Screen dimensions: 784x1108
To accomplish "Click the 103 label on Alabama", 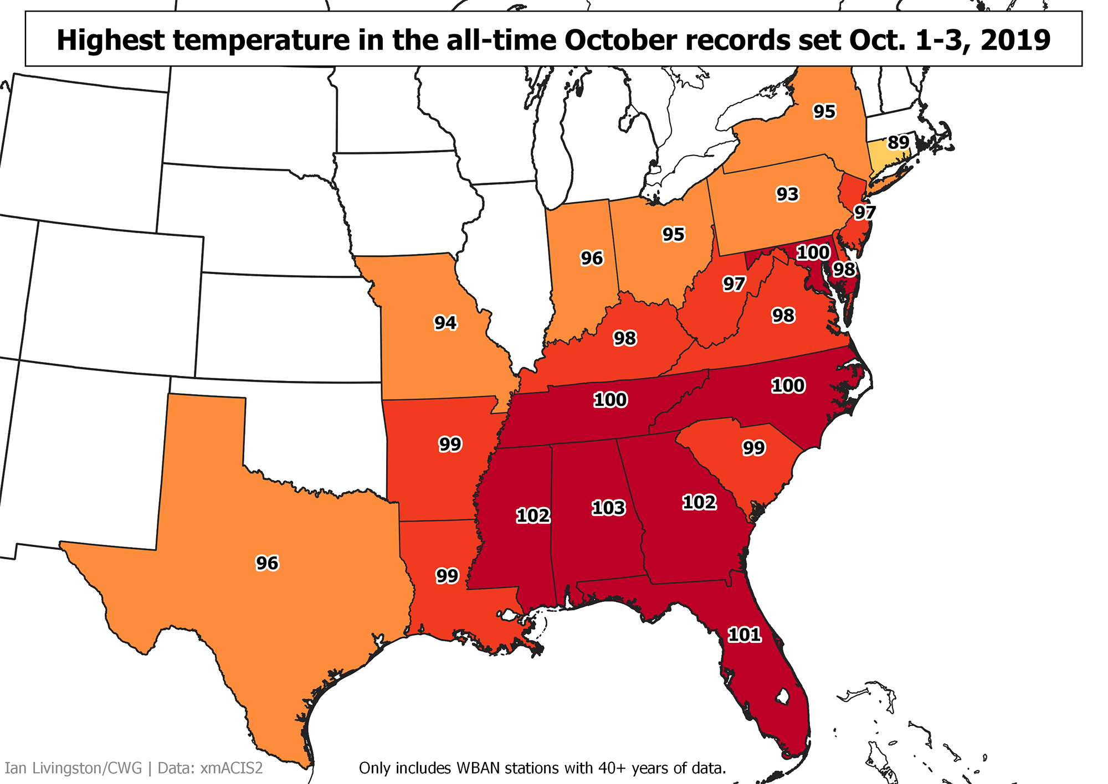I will coord(608,508).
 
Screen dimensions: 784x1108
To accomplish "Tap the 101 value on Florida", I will coord(744,635).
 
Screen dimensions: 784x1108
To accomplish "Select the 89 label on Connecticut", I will coord(899,143).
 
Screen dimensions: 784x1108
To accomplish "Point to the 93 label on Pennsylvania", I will coord(787,194).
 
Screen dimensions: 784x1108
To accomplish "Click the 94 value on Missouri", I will coord(445,322).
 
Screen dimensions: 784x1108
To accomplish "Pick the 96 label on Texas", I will coord(267,563).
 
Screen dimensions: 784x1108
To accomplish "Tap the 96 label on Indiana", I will coord(592,258).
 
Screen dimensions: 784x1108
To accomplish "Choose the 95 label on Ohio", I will coord(674,234).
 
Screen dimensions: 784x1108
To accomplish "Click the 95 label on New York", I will coord(824,112).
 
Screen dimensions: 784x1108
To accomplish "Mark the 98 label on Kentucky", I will coord(625,338).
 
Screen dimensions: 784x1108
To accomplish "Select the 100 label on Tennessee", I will coord(611,400).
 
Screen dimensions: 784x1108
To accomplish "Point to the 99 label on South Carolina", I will coord(754,448).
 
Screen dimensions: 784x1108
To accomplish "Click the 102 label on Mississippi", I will coord(533,515).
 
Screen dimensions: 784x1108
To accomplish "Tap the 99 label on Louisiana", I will coord(447,576).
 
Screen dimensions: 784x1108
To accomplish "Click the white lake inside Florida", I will coord(782,695).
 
